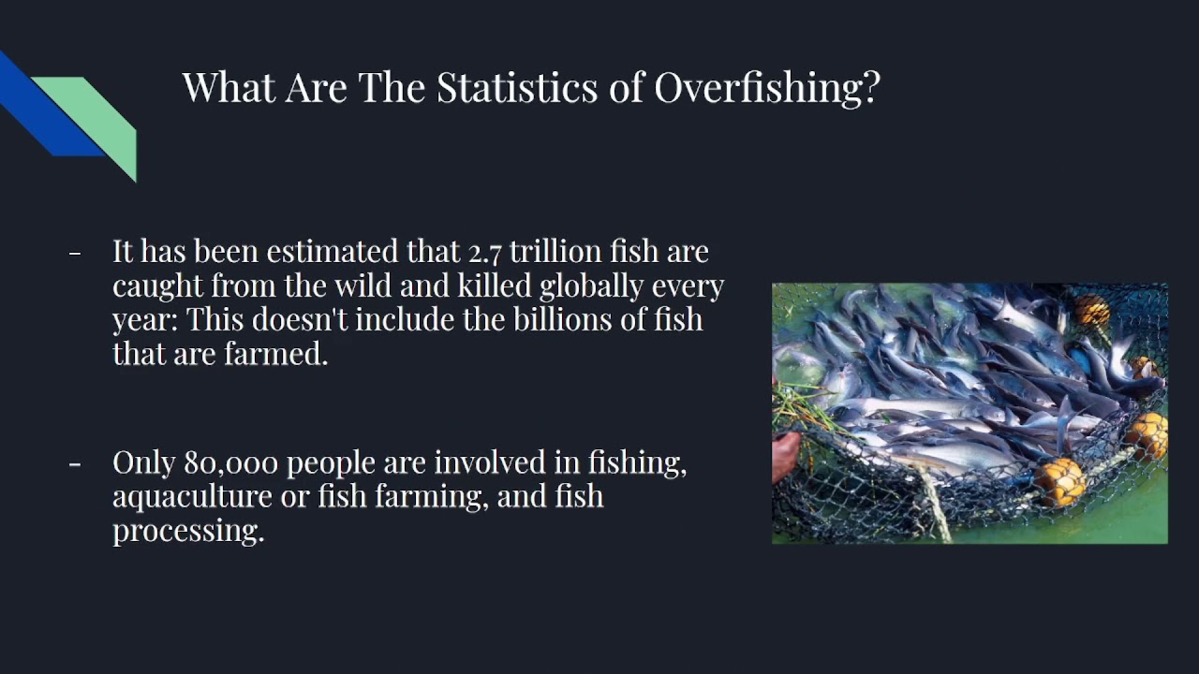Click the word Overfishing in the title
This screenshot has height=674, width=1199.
click(767, 88)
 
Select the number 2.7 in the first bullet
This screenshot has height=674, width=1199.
click(484, 252)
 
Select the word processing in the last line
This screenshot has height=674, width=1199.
click(187, 532)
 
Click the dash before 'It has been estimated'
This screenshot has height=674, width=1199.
click(75, 253)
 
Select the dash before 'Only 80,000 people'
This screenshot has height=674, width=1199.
click(75, 463)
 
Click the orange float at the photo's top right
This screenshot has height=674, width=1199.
click(1090, 310)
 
